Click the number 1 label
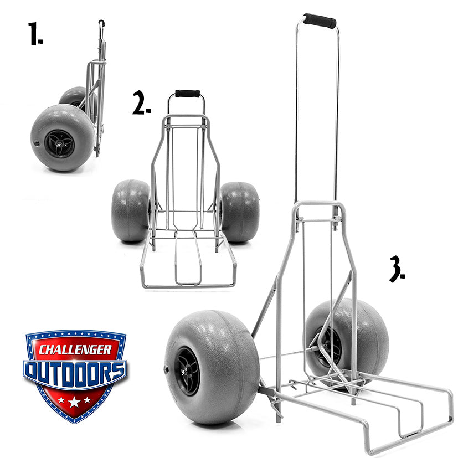click(x=35, y=34)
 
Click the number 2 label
click(x=141, y=102)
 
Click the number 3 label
click(x=397, y=269)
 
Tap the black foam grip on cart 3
click(x=320, y=20)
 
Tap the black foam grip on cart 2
click(x=188, y=94)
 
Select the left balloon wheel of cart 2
click(x=131, y=210)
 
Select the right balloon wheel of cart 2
click(x=239, y=212)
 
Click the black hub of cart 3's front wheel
click(x=187, y=371)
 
